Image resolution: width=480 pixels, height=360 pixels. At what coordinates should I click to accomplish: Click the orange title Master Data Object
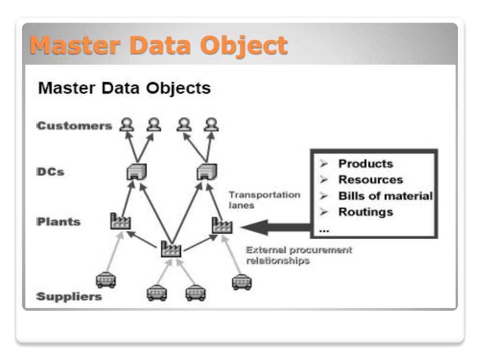(158, 45)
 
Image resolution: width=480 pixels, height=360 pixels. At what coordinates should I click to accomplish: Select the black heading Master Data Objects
(124, 88)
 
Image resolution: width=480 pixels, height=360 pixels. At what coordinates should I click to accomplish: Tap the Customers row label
(75, 126)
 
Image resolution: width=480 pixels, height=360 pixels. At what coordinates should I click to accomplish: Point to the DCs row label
(51, 172)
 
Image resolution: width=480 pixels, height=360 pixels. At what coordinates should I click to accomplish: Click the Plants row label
(59, 222)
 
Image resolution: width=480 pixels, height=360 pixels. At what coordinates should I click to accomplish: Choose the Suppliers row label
(69, 296)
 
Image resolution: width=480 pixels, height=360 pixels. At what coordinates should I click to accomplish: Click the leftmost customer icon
(127, 125)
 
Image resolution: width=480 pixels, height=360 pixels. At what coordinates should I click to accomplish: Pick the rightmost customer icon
(211, 125)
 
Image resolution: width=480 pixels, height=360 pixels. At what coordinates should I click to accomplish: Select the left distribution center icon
(136, 172)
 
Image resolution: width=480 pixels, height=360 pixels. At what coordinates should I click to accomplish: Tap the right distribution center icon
(207, 172)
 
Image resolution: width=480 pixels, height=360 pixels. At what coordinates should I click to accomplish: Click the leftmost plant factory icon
(120, 221)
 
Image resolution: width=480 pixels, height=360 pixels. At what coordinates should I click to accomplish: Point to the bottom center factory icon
(171, 249)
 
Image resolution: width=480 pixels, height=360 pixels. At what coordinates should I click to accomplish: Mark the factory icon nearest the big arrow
(222, 225)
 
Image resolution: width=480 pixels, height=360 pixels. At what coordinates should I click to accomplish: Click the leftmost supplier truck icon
(106, 280)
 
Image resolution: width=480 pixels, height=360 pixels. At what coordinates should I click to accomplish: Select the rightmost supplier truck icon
(242, 282)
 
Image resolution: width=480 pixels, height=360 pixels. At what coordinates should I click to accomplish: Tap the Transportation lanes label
(264, 200)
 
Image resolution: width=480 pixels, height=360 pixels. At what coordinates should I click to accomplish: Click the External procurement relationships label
(299, 255)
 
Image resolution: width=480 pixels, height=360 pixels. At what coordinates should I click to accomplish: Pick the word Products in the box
(366, 164)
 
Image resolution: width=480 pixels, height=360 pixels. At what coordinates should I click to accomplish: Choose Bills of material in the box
(385, 196)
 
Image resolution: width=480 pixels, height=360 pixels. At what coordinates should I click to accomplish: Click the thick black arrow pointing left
(276, 227)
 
